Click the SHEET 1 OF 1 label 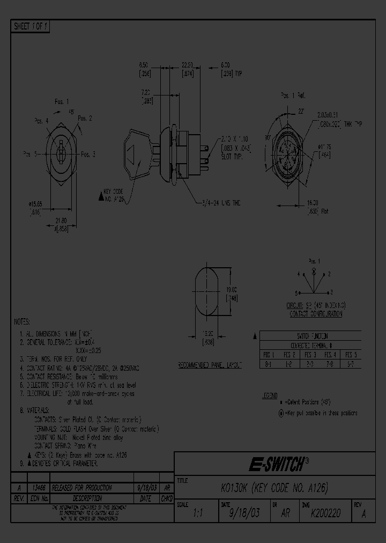(x=31, y=27)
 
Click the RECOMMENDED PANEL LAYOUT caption (x=210, y=365)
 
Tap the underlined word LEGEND (x=270, y=395)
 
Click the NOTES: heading (x=23, y=321)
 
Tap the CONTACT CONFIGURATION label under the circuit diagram (x=315, y=314)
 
